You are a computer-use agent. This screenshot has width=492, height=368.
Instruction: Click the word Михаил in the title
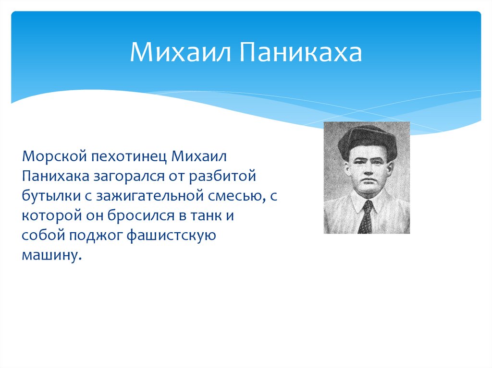[x=180, y=52]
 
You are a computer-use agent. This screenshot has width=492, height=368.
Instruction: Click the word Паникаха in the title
[x=301, y=52]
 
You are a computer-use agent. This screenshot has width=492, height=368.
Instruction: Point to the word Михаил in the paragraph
[x=198, y=156]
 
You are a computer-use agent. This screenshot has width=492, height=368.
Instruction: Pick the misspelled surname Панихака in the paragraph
[x=55, y=176]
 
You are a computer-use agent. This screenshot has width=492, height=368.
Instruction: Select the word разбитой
[x=222, y=177]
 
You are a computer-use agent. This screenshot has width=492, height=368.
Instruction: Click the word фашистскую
[x=172, y=236]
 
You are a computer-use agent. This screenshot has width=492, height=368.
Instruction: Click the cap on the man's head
[x=367, y=142]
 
